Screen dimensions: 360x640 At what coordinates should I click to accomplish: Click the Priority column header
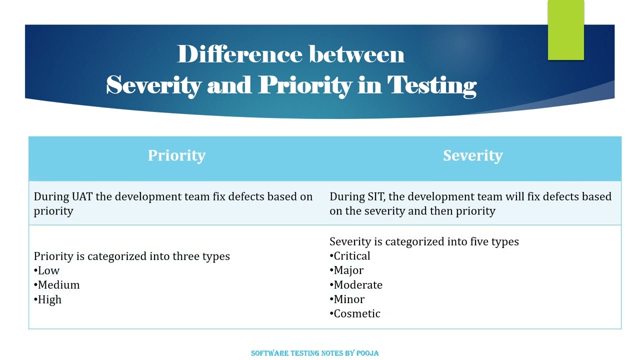pos(176,155)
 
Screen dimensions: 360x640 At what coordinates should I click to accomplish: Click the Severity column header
pos(472,155)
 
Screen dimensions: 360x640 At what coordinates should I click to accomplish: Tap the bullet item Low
pos(48,270)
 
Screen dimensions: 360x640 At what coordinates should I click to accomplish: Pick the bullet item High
pos(49,299)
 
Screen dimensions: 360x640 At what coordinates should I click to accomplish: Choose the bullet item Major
pos(348,270)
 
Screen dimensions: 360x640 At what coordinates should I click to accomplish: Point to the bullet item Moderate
pos(357,285)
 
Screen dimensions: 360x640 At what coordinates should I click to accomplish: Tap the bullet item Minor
pos(349,299)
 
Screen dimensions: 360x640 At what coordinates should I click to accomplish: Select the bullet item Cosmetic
pos(356,313)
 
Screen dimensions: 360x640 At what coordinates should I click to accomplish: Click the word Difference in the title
pos(239,54)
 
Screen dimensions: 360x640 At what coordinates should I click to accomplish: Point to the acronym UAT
pos(82,196)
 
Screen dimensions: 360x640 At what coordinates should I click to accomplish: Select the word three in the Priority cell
pos(186,256)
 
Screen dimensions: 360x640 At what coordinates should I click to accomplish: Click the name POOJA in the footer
pos(367,353)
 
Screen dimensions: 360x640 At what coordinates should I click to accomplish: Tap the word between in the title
pos(356,54)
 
